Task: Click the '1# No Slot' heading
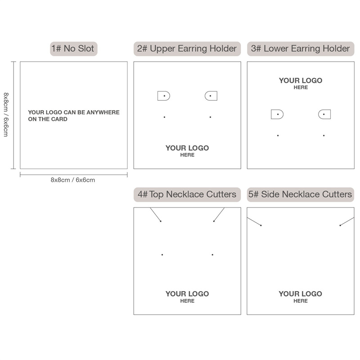(x=72, y=49)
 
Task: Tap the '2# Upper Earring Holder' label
(x=187, y=49)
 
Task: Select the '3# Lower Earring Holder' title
(x=300, y=49)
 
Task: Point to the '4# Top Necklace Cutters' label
(x=187, y=194)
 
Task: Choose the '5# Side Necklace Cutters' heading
(x=300, y=194)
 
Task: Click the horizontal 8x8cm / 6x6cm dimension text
(x=73, y=180)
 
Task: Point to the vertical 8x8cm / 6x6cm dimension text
(x=6, y=115)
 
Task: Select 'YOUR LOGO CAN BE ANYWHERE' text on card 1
(x=74, y=112)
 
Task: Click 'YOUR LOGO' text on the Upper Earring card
(x=187, y=148)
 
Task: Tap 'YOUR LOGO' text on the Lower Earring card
(x=301, y=81)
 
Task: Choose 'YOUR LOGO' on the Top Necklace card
(x=187, y=294)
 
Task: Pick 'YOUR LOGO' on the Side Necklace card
(x=300, y=294)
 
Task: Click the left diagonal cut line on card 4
(x=155, y=215)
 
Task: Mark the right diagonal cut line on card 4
(x=219, y=215)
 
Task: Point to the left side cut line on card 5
(x=254, y=221)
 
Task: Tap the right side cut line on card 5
(x=347, y=221)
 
